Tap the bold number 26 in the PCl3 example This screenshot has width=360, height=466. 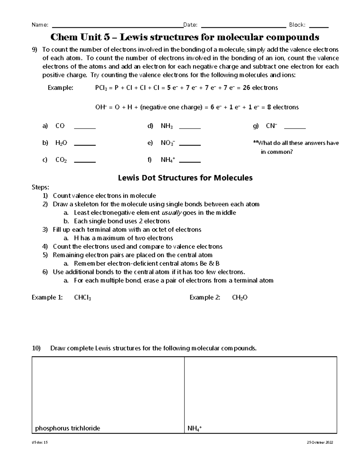(x=246, y=88)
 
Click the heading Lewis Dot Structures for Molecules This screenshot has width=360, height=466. (x=185, y=178)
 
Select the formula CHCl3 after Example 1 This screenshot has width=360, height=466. (x=82, y=298)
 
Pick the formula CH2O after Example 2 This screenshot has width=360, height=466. (x=240, y=298)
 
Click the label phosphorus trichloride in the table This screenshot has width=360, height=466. (x=67, y=428)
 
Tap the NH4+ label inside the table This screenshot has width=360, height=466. (x=194, y=428)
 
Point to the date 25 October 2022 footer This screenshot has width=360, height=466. (x=320, y=443)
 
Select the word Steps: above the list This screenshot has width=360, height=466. (x=40, y=187)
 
